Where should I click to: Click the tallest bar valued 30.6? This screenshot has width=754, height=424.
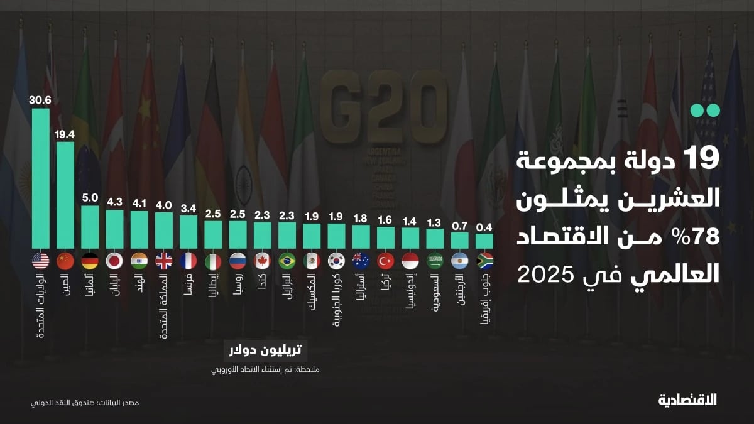pyautogui.click(x=41, y=179)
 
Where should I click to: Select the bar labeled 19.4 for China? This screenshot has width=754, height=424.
pyautogui.click(x=65, y=195)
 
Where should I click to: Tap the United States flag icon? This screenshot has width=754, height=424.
pyautogui.click(x=41, y=261)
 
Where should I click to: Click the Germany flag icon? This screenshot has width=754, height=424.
pyautogui.click(x=90, y=261)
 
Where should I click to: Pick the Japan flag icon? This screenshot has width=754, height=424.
pyautogui.click(x=114, y=261)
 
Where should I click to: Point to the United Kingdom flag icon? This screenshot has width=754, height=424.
pyautogui.click(x=164, y=261)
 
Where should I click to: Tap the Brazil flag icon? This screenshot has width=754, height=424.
pyautogui.click(x=287, y=261)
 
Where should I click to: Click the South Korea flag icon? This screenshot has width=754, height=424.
pyautogui.click(x=336, y=261)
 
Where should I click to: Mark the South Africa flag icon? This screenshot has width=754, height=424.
pyautogui.click(x=484, y=261)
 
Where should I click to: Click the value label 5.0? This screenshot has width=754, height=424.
pyautogui.click(x=90, y=197)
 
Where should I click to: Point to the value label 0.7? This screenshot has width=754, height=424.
pyautogui.click(x=459, y=225)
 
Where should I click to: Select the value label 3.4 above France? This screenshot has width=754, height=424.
pyautogui.click(x=188, y=208)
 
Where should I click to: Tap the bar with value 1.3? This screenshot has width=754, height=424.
pyautogui.click(x=435, y=238)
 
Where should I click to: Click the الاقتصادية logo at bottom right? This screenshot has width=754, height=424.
pyautogui.click(x=687, y=400)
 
